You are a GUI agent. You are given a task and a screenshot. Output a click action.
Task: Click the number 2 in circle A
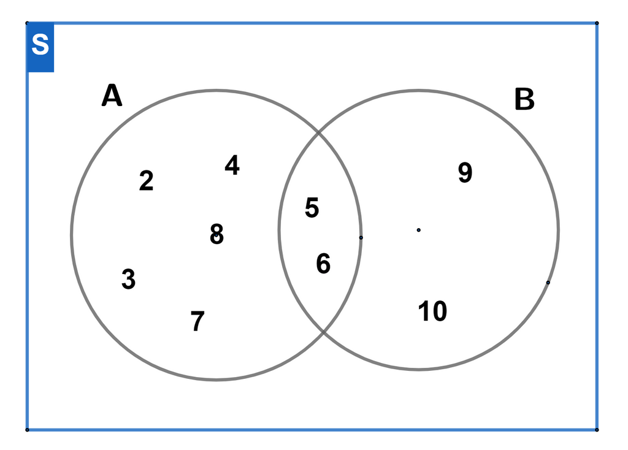(x=146, y=181)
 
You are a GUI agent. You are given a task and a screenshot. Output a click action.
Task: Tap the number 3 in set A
(x=129, y=279)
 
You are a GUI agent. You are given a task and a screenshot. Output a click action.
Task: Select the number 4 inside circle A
(x=232, y=165)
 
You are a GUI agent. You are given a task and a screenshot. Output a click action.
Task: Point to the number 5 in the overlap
(x=312, y=207)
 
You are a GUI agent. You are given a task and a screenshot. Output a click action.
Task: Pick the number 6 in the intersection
(x=323, y=264)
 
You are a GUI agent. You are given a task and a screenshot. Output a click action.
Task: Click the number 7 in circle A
(x=197, y=321)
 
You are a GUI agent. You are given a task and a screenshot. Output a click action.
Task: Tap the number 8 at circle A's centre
(x=216, y=234)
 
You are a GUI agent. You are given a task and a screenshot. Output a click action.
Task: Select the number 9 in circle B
(x=465, y=172)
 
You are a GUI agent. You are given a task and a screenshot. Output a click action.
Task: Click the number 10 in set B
(x=432, y=311)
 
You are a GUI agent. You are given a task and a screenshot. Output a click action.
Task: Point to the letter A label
(x=112, y=95)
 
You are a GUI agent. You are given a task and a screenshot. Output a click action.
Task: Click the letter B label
(x=524, y=99)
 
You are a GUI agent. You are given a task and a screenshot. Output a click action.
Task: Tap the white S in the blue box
(x=40, y=44)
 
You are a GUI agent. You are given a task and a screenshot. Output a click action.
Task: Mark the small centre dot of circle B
(x=418, y=230)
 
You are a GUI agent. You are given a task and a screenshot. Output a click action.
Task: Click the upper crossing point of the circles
(x=319, y=132)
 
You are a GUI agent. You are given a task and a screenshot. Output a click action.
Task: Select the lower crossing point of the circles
(x=324, y=331)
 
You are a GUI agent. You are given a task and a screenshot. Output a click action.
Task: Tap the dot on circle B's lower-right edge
(x=548, y=283)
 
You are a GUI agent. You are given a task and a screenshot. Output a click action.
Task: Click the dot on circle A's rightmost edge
(x=361, y=237)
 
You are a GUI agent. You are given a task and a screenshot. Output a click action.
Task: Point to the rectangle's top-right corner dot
(x=597, y=23)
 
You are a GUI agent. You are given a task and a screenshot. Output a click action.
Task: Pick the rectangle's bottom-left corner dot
(x=27, y=430)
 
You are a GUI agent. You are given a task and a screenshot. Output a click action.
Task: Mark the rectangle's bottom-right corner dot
(x=597, y=430)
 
